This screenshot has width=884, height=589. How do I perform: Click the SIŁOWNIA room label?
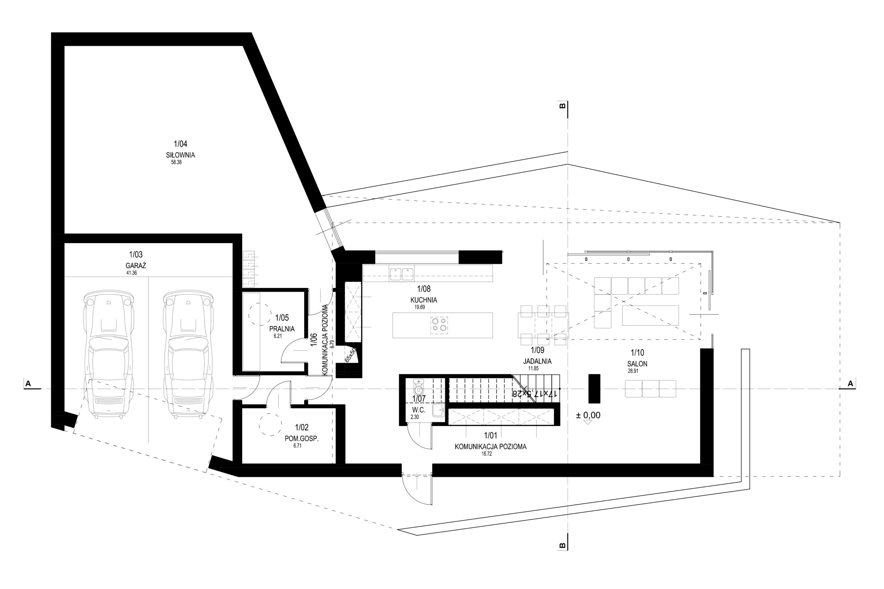pyautogui.click(x=180, y=155)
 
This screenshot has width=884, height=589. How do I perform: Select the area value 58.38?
pyautogui.click(x=176, y=163)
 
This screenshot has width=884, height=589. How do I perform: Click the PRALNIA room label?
pyautogui.click(x=282, y=329)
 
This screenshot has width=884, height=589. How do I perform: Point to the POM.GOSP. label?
pyautogui.click(x=301, y=438)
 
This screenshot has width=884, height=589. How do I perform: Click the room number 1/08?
pyautogui.click(x=424, y=289)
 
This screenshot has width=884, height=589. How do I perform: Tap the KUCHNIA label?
pyautogui.click(x=424, y=300)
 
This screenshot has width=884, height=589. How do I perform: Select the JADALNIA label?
pyautogui.click(x=537, y=361)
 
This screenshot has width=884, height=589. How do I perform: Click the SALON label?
pyautogui.click(x=637, y=364)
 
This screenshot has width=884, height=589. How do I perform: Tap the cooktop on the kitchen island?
pyautogui.click(x=439, y=325)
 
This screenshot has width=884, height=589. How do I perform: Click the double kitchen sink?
pyautogui.click(x=402, y=274)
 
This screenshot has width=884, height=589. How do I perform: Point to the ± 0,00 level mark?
pyautogui.click(x=588, y=415)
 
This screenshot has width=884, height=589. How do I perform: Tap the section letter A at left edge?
pyautogui.click(x=28, y=384)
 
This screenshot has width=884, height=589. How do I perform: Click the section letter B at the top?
pyautogui.click(x=563, y=106)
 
